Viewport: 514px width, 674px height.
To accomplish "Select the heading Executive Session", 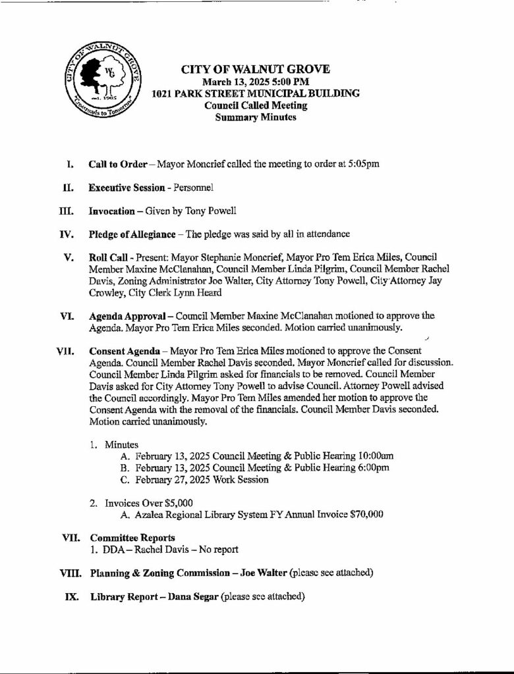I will coord(127,188).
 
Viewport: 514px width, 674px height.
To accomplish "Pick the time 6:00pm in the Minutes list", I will coord(369,467).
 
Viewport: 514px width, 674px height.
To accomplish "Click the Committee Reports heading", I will coord(132,538).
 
